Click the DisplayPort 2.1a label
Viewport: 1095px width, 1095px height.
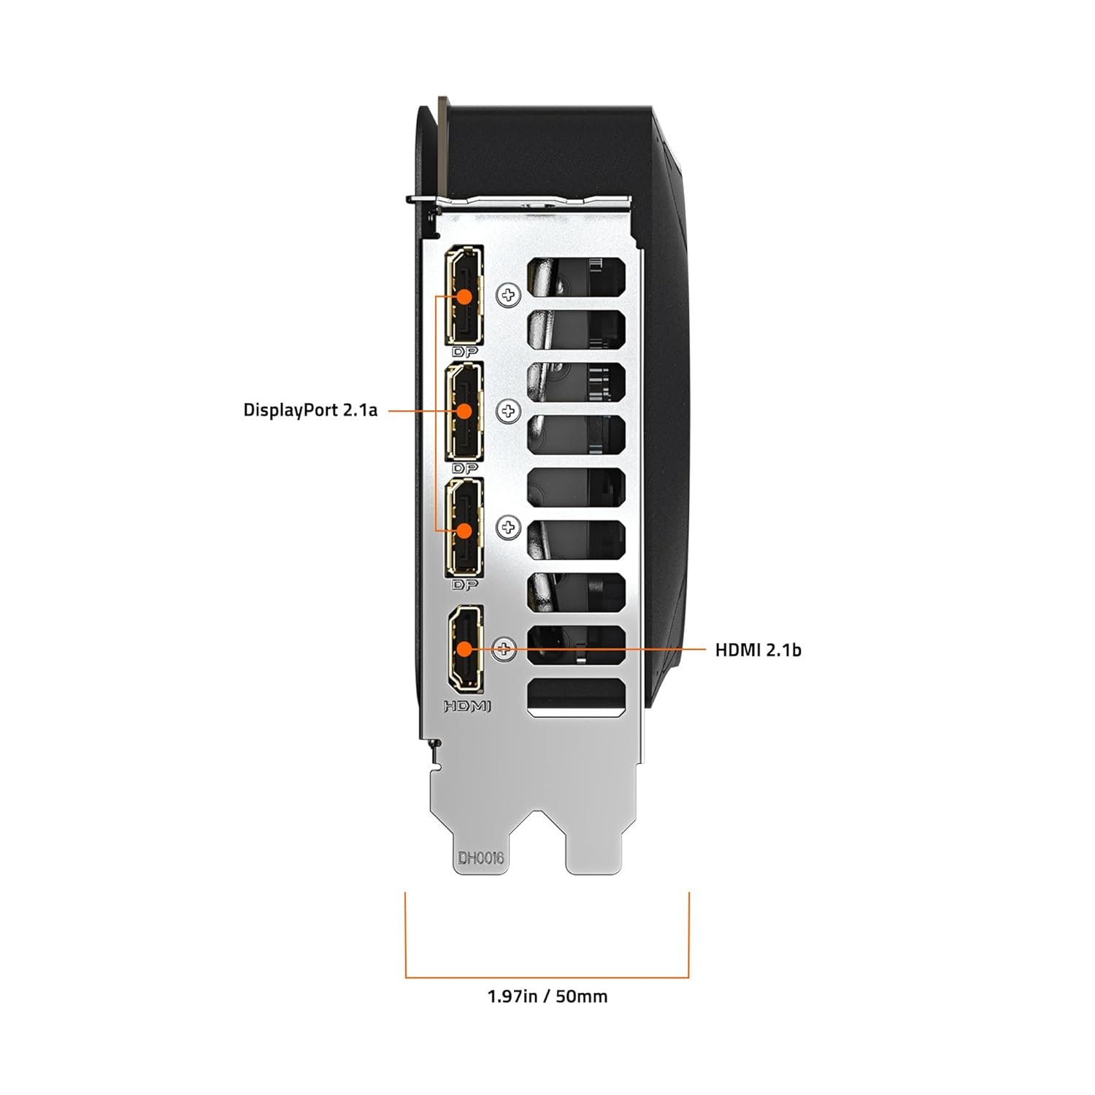(310, 410)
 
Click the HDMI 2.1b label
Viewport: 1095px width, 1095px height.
(758, 649)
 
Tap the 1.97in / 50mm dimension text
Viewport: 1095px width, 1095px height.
(547, 995)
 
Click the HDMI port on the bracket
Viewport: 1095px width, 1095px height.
(465, 648)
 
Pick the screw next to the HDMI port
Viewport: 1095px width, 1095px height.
(505, 648)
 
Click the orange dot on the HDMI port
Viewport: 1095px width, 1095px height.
(464, 648)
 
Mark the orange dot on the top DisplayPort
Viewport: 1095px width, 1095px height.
(464, 296)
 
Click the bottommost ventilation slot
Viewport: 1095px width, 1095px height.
(577, 696)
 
